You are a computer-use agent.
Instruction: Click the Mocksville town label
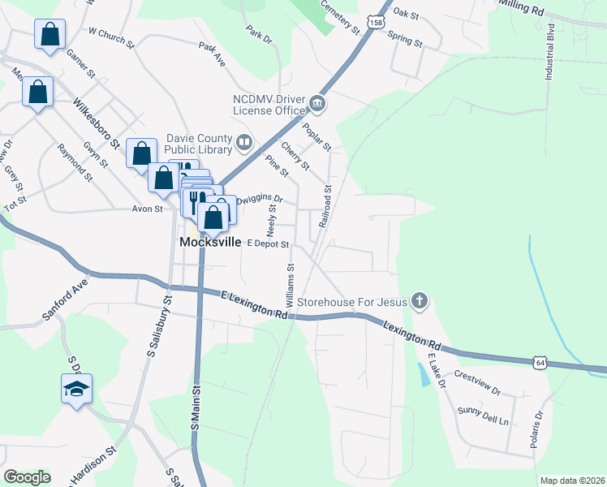[x=209, y=242]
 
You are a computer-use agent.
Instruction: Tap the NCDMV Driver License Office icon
[x=316, y=103]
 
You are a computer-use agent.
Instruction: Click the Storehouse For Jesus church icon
[x=419, y=301]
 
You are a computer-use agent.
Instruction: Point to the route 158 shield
[x=375, y=24]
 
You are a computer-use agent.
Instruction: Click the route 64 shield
[x=540, y=363]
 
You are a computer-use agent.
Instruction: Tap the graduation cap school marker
[x=76, y=390]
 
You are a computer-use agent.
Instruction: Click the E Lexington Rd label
[x=254, y=305]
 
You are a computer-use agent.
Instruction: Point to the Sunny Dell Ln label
[x=481, y=416]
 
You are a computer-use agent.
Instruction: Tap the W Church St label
[x=110, y=34]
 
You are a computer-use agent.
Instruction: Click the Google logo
[x=27, y=476]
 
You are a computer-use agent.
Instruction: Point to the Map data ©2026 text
[x=572, y=481]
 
